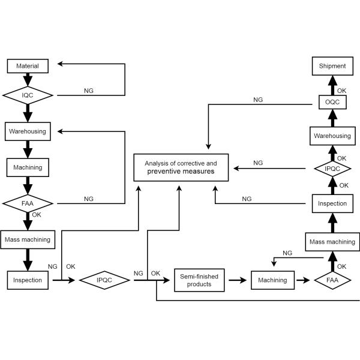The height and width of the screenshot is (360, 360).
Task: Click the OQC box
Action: click(332, 103)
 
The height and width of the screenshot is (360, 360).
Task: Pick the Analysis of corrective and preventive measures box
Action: click(181, 167)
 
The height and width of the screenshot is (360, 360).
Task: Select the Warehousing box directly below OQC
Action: click(332, 136)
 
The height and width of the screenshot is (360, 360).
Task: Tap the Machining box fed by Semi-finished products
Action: click(272, 280)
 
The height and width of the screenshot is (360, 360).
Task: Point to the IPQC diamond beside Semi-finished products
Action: click(105, 280)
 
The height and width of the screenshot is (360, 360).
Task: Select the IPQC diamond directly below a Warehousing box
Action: click(332, 169)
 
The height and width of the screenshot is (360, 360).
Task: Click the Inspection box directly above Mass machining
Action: click(332, 203)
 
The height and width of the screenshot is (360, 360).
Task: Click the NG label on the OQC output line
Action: click(259, 100)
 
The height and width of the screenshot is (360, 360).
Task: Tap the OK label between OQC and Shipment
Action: click(342, 91)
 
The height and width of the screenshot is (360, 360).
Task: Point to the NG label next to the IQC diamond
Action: click(88, 91)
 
